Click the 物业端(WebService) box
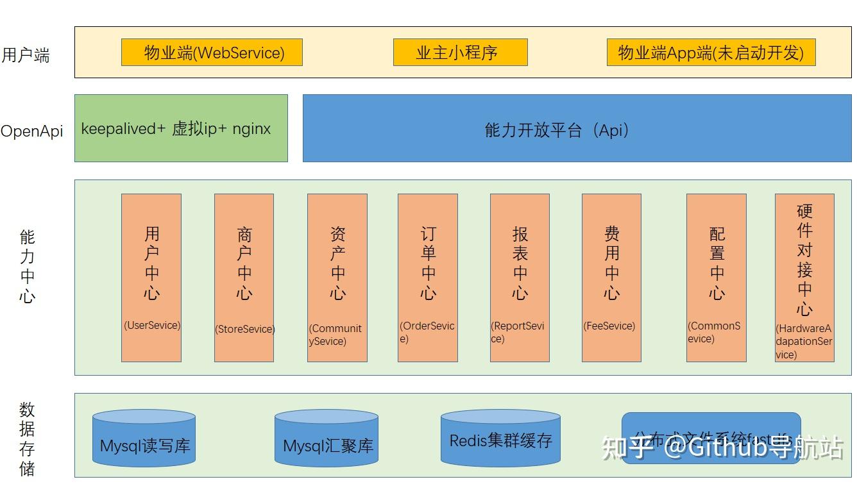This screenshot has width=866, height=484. pos(212,53)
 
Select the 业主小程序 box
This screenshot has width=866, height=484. pos(460,53)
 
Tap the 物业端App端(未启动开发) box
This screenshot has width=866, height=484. pos(711,53)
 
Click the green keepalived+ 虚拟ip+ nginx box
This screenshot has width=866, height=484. pos(181,128)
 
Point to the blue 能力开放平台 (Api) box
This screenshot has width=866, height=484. pos(577,128)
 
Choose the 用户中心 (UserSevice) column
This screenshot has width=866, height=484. pos(151,278)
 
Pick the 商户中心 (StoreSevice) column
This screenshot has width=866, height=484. pos(244,278)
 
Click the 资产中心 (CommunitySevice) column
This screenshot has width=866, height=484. pos(337,278)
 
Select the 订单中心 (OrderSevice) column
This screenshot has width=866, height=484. pos(428,278)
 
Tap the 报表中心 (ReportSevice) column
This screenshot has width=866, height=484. pos(520,278)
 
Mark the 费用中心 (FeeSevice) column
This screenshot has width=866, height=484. pos(611,278)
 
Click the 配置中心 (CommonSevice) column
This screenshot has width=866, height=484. pos(717,278)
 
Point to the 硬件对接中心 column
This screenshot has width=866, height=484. pos(804,278)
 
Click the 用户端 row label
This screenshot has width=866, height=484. pos(26,55)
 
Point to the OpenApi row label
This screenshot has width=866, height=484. pos(32,131)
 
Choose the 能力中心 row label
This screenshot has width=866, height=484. pos(27,266)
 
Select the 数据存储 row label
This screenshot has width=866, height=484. pos(27,438)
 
